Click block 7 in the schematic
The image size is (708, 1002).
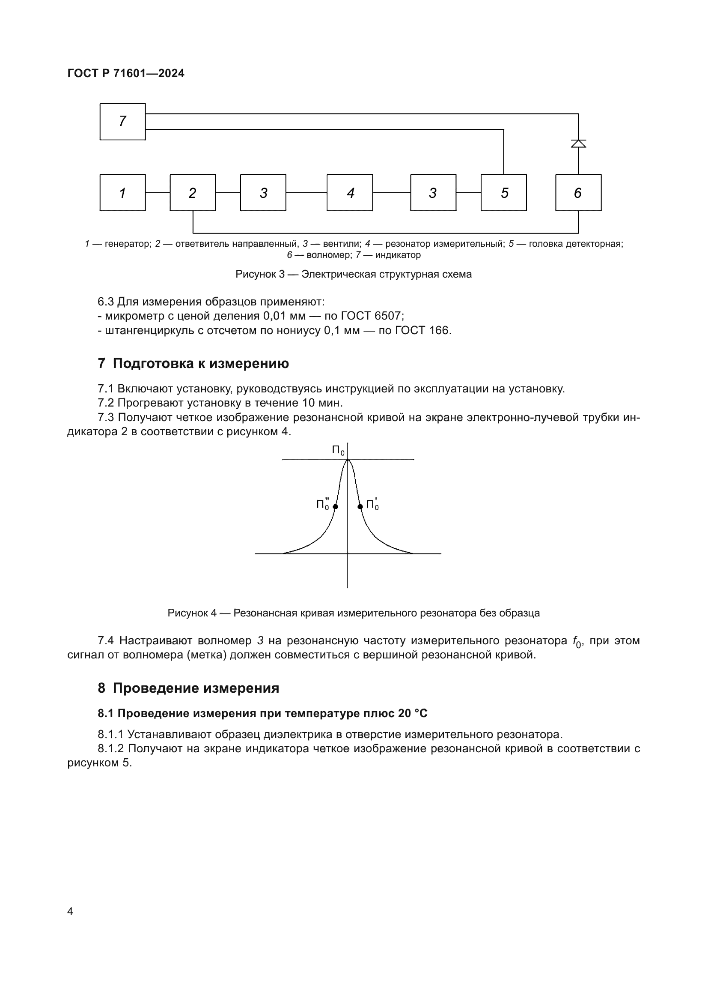tap(122, 121)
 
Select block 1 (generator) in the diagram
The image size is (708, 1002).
tap(122, 192)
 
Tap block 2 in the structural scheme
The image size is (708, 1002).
tap(193, 192)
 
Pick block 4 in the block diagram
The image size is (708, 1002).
tap(350, 192)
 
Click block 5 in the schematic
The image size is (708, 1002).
tap(503, 192)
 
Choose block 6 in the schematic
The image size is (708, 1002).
tap(578, 192)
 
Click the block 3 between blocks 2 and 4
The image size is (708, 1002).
tap(263, 192)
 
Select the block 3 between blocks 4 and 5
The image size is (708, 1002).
tap(433, 192)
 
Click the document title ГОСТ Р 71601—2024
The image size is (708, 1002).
tap(126, 73)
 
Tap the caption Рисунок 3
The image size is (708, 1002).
tap(353, 274)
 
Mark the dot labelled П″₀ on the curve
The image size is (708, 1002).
tap(335, 507)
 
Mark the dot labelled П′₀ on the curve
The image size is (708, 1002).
tap(360, 507)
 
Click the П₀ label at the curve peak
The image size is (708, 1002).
tap(338, 450)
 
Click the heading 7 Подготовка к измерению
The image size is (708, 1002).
tap(193, 363)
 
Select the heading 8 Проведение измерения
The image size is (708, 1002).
tap(188, 688)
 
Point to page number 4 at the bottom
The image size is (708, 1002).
tap(70, 911)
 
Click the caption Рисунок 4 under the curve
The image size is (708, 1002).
tap(353, 613)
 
